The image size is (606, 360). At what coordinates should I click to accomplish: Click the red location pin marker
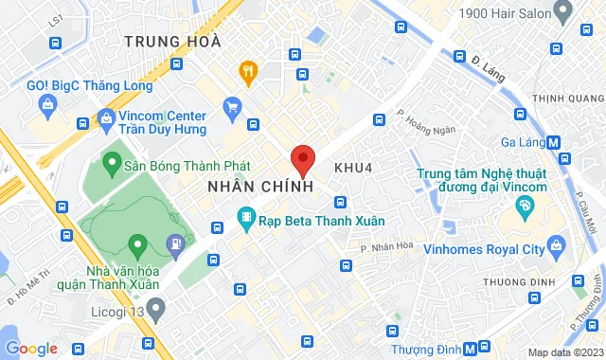303,160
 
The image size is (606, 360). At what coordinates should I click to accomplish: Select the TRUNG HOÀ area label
172,42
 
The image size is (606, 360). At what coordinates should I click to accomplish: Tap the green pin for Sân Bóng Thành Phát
111,163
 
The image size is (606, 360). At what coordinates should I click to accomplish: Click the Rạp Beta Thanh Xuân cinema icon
246,219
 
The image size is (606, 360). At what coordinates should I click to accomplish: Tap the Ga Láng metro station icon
554,142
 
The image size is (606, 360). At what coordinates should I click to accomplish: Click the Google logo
31,348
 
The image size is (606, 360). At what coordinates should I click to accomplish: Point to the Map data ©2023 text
563,352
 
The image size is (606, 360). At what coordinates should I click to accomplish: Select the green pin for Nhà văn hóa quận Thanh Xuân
138,246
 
